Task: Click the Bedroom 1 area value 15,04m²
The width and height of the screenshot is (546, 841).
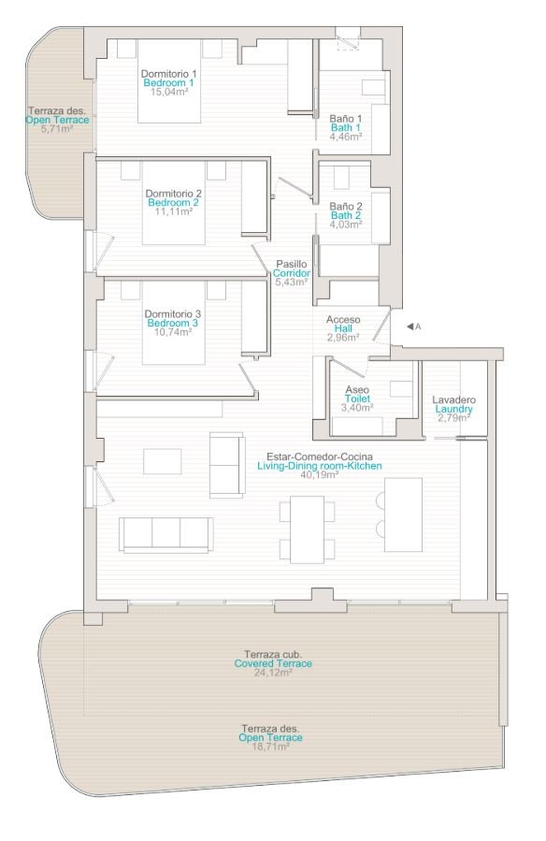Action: coord(168,92)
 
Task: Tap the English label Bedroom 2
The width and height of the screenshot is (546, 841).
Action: coord(173,203)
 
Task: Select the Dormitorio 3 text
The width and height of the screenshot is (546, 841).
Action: coord(173,313)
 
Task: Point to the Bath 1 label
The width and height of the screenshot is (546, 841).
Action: coord(346,127)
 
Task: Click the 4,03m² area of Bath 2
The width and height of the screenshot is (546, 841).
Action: coord(346,225)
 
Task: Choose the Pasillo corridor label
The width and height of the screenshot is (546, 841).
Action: coord(292,264)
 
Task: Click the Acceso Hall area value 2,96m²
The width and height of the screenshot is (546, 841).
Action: coord(343,338)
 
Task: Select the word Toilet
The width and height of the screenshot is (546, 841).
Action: coord(357,399)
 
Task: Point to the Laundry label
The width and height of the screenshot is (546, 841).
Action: coord(453,409)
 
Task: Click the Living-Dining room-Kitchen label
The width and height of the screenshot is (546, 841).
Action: coord(320,466)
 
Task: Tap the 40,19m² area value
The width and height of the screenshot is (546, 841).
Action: coord(320,474)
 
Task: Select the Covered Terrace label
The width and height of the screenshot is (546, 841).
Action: coord(273,663)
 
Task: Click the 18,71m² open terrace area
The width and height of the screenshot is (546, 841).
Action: coord(270,747)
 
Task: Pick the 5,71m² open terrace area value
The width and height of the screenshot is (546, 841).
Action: coord(57,129)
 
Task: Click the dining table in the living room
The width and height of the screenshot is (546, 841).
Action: coord(307,529)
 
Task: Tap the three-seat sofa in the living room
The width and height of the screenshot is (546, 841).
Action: coord(166,535)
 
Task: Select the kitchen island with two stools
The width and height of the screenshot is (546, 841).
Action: coord(403,515)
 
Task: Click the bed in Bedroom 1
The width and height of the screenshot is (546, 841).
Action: coord(169,81)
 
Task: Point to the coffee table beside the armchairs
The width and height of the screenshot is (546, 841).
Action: coord(163,462)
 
